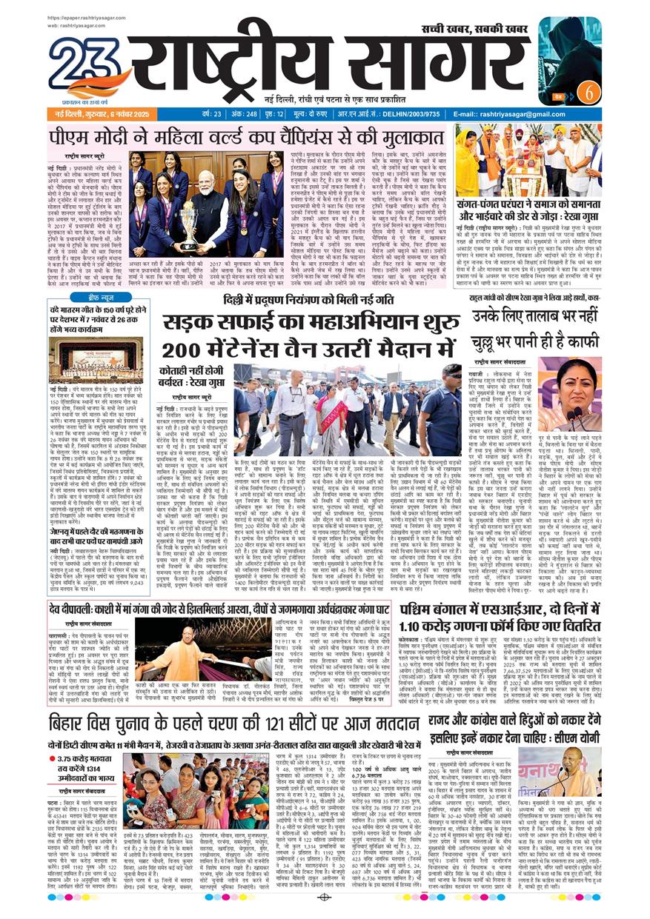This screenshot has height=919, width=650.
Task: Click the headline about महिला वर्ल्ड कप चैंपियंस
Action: coord(245,137)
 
